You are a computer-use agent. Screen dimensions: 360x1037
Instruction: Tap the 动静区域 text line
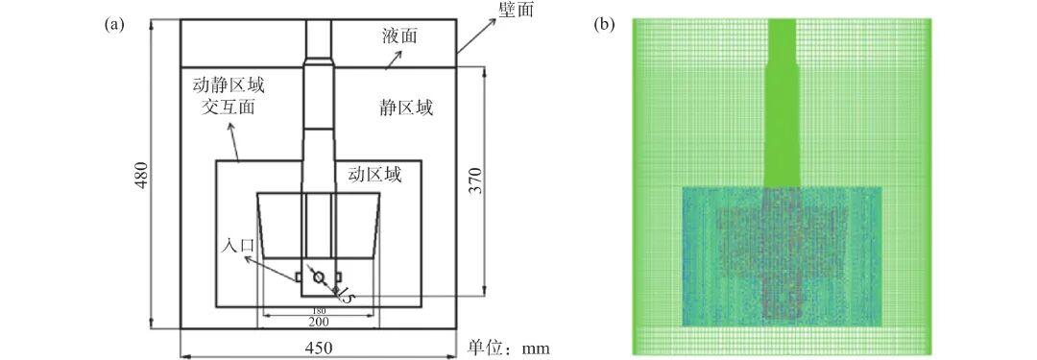point(228,85)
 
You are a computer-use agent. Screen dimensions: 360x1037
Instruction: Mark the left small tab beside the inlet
point(299,278)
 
